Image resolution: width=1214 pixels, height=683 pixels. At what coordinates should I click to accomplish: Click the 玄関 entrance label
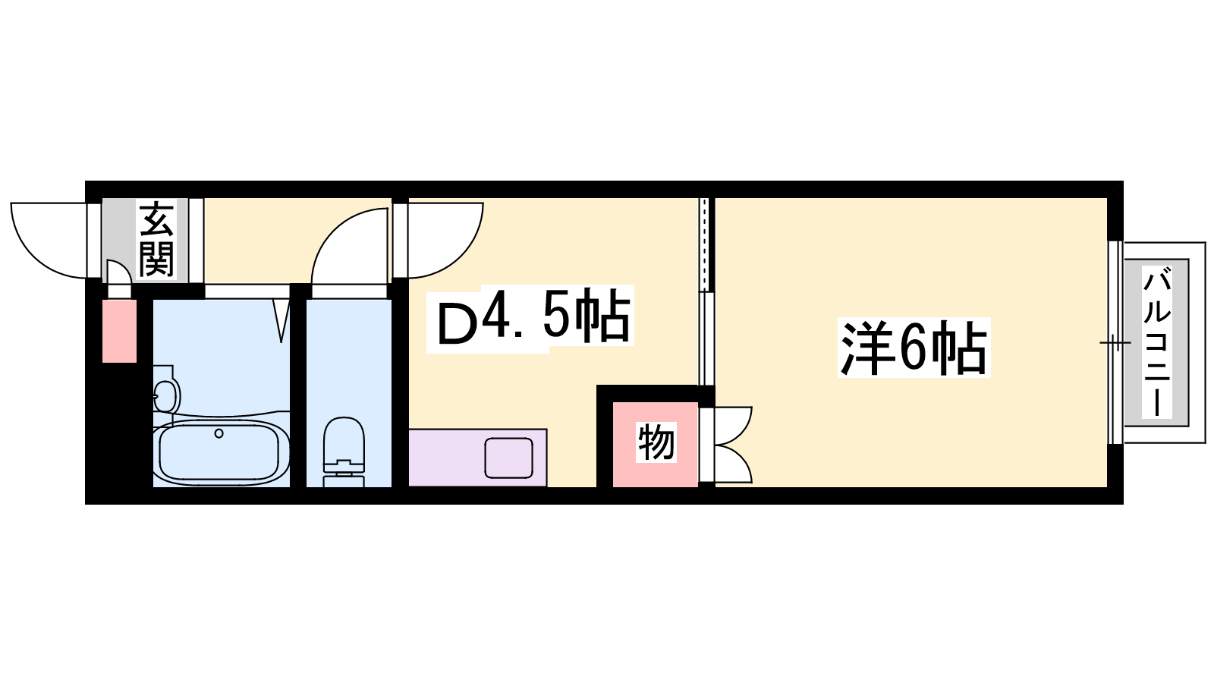[156, 240]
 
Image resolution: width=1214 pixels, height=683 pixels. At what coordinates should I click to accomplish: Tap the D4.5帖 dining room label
[534, 319]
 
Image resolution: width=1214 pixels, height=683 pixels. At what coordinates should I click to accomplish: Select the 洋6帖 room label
[914, 348]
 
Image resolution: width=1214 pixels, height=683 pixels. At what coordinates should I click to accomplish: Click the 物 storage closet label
[656, 442]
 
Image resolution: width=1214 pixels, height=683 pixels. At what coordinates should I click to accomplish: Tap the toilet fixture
[344, 451]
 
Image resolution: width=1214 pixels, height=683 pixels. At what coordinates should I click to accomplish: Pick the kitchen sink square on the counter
[509, 458]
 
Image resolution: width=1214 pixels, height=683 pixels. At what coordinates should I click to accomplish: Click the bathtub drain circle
[219, 433]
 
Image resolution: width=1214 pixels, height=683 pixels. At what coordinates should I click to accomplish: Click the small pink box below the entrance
[119, 331]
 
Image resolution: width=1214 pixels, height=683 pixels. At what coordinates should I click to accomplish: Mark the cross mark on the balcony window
[1115, 342]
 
